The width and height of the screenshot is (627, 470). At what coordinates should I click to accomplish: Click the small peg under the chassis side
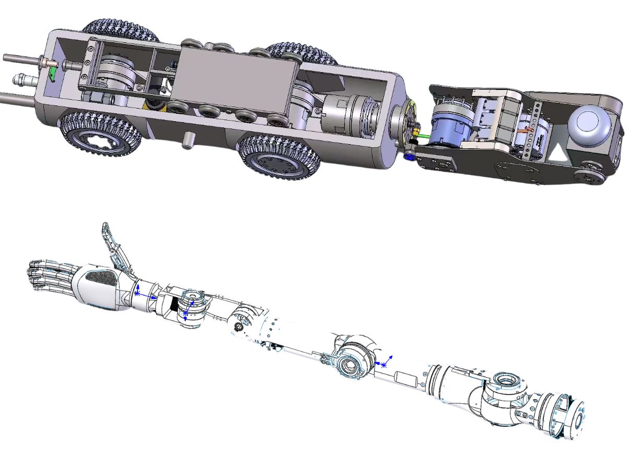tap(186, 140)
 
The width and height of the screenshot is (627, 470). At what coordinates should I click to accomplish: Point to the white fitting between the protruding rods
tap(21, 80)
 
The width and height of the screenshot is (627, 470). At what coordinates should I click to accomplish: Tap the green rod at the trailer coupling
tap(422, 136)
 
